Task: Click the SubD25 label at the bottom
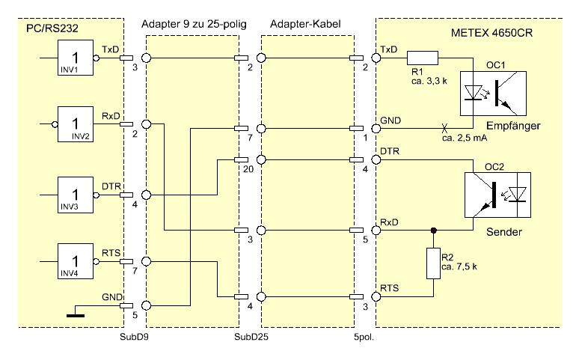(x=253, y=337)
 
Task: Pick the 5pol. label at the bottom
(x=364, y=337)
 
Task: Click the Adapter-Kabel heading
(x=307, y=25)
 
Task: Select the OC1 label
(x=496, y=65)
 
